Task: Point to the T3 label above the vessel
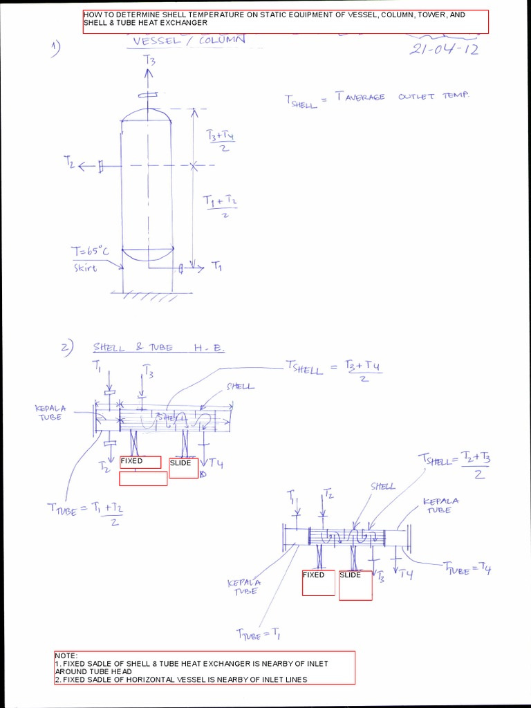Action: (149, 61)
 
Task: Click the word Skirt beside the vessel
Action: (86, 268)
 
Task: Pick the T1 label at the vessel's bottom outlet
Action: (217, 265)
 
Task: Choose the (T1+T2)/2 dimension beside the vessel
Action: (220, 205)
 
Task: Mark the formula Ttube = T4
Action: (467, 569)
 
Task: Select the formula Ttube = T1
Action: (258, 632)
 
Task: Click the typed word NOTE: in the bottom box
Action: (66, 655)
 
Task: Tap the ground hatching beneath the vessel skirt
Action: (146, 296)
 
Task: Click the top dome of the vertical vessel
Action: (147, 113)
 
